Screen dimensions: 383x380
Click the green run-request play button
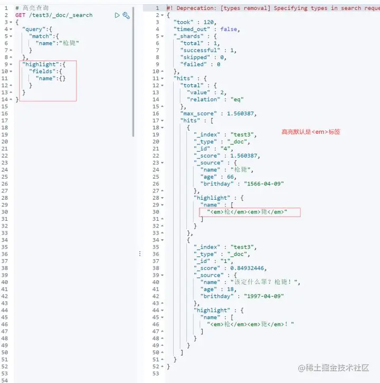point(117,15)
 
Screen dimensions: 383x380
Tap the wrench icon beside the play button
point(126,15)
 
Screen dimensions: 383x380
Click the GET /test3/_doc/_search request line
point(54,15)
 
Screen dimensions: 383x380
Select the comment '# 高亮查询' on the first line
point(33,8)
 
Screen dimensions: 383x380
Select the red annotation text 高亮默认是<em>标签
point(311,132)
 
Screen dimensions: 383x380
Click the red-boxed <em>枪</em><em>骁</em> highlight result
point(247,212)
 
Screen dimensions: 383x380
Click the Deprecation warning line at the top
point(264,8)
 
